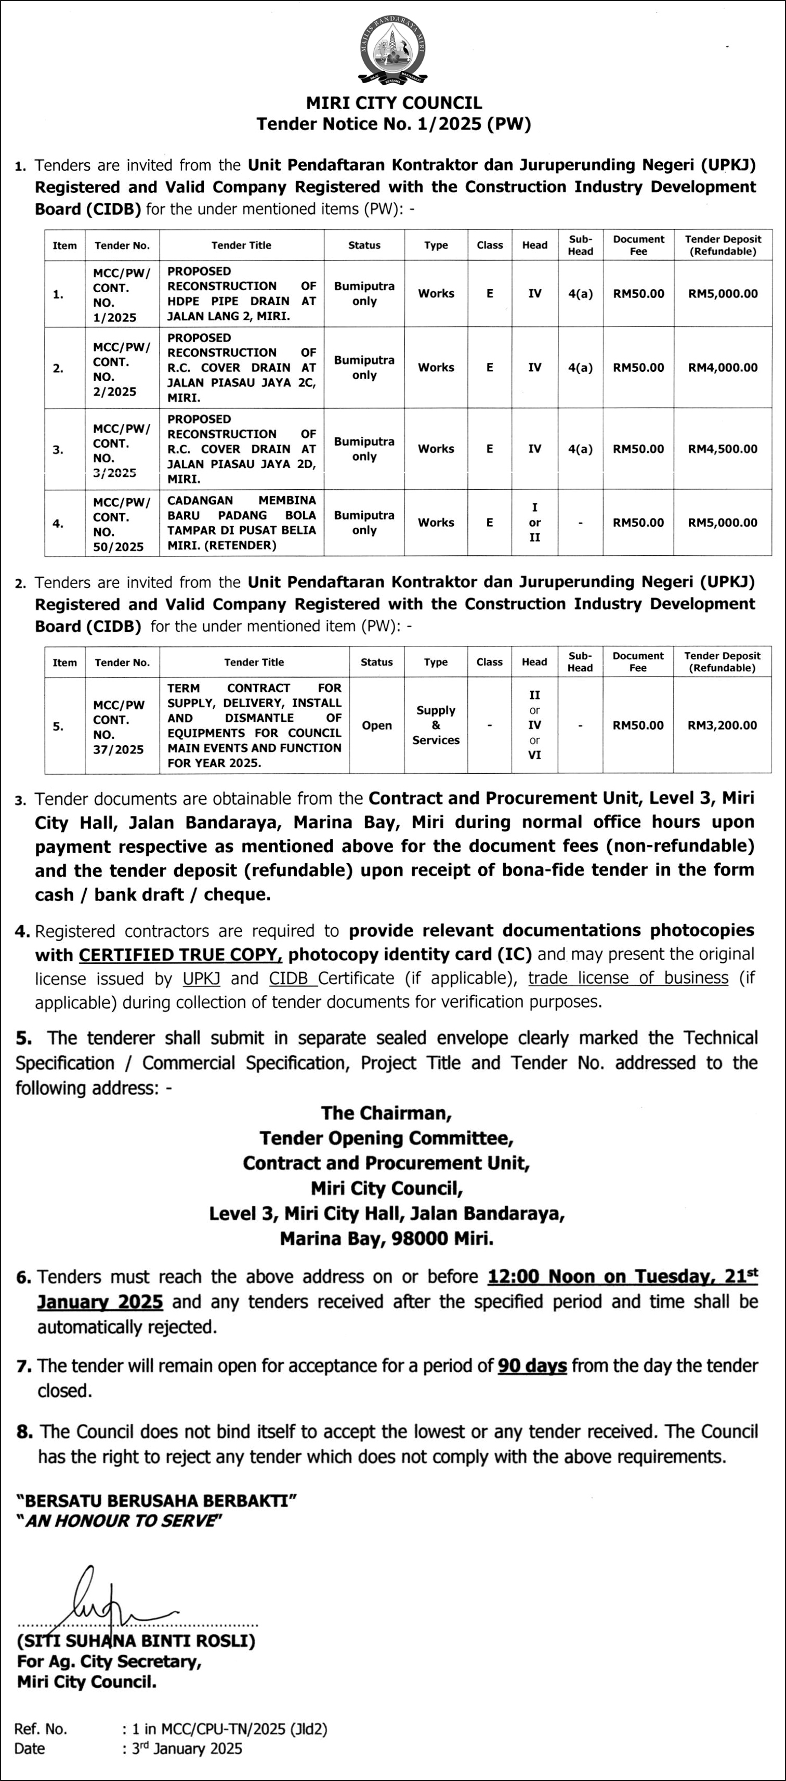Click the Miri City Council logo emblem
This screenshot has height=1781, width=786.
392,50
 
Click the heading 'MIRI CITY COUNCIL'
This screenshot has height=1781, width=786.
394,103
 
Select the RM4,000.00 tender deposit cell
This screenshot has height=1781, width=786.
723,368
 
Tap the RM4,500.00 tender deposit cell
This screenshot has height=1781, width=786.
723,449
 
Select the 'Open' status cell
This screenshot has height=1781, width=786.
377,725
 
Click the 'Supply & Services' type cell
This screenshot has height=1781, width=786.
436,725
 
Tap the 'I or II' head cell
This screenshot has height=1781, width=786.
534,523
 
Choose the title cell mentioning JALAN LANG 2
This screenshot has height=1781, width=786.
241,294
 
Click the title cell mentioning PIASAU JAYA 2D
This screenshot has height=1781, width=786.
241,449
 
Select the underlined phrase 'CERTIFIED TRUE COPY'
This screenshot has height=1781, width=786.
180,955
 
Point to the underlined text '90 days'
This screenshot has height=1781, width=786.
532,1366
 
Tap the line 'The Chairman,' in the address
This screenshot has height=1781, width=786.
386,1113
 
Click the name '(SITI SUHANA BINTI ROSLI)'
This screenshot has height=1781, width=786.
136,1641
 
